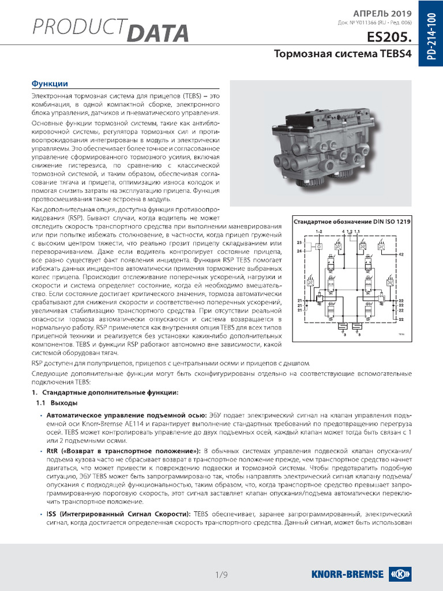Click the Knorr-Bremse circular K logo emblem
tap(399, 574)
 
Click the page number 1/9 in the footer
tap(221, 574)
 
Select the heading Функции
tap(50, 84)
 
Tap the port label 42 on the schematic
tap(401, 254)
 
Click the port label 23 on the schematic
tap(299, 242)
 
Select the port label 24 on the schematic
tap(299, 252)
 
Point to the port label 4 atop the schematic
tap(343, 231)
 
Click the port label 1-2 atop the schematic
tap(319, 231)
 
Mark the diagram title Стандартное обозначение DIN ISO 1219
tap(352, 222)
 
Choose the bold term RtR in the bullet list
tap(52, 451)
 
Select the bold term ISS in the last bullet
tap(51, 513)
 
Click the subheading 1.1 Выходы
tap(57, 403)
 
